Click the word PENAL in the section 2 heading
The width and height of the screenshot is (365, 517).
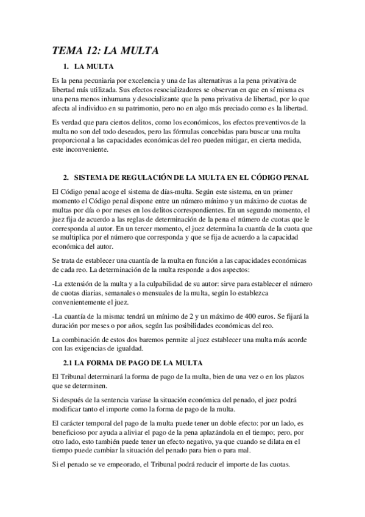pos(294,177)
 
